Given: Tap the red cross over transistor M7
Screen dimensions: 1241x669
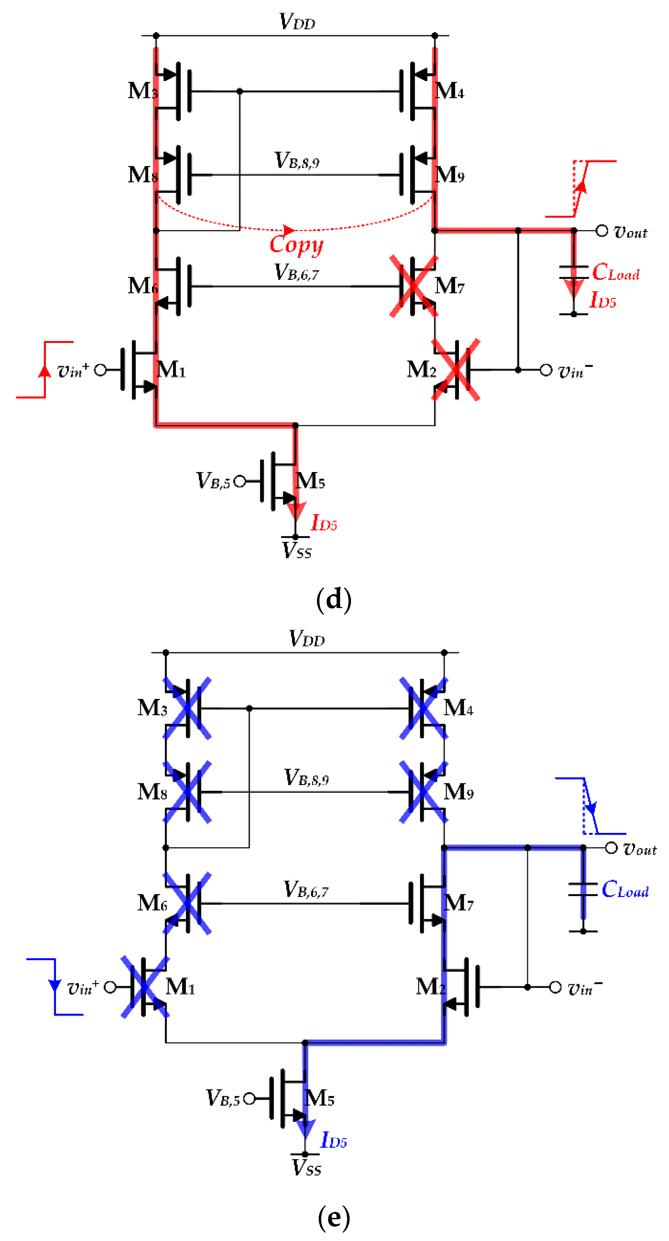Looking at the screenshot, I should (413, 286).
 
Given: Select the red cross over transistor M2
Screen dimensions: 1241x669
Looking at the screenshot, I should (456, 369).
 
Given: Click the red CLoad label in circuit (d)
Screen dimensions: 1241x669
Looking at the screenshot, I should (615, 273).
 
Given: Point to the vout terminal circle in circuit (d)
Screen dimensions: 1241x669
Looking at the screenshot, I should (601, 231).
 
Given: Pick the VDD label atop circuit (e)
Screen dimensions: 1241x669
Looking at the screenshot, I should (307, 639).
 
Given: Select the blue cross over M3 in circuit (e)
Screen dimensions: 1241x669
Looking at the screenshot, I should (187, 708).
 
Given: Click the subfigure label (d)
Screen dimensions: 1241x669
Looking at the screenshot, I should (334, 599).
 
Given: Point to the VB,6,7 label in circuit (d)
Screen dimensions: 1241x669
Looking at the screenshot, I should (296, 273).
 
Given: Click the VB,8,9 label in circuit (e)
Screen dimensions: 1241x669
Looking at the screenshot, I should (306, 778).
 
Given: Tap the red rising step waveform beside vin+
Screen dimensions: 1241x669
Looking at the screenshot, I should (45, 369).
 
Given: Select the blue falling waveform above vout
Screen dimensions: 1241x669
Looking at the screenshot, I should (590, 805).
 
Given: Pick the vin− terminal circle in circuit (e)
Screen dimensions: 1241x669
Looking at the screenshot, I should (555, 987).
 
